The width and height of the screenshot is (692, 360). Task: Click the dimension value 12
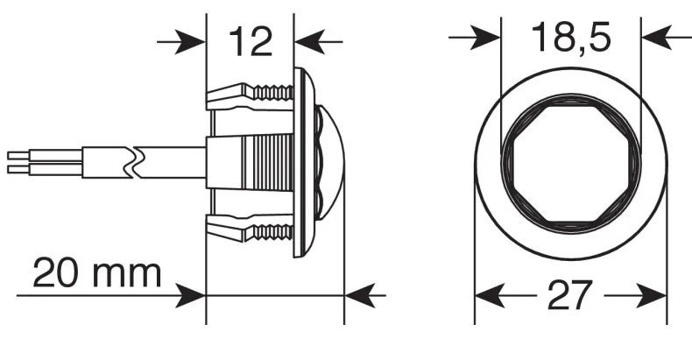coord(251,41)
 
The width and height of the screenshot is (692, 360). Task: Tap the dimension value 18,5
coord(571,38)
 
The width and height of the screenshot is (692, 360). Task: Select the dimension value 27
coord(569,295)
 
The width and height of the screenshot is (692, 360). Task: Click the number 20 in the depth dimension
coord(53,273)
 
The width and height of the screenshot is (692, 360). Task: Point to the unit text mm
coord(126,277)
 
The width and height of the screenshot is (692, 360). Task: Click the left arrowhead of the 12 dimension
coord(190,42)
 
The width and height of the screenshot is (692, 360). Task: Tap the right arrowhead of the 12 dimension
coord(310,42)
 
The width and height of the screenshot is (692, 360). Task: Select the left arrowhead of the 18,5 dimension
coord(485,38)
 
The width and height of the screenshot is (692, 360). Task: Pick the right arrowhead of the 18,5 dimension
coord(657,38)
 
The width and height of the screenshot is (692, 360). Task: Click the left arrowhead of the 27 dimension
coord(490,295)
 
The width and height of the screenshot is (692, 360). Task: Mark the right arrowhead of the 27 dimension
coord(651,295)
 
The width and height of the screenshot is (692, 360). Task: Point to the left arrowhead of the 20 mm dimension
coord(191,295)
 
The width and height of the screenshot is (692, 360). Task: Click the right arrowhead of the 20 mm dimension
coord(360,295)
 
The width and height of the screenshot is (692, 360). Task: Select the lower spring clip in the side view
coord(250,228)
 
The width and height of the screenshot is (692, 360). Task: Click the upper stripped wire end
coord(19,155)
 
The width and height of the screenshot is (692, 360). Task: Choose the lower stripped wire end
coord(19,170)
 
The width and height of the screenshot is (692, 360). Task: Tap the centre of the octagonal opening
coord(571,164)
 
